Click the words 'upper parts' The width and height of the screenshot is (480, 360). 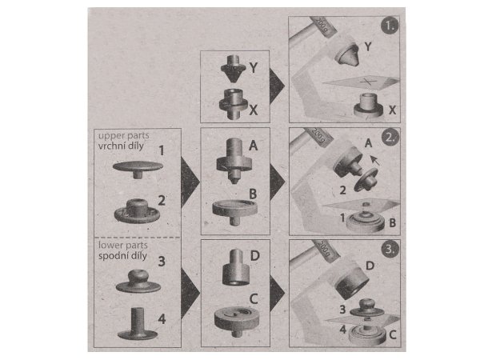124,136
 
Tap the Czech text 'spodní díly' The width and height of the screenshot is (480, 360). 122,256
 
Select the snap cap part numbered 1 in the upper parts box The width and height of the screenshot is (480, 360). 138,170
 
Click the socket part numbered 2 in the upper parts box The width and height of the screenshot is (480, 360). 137,210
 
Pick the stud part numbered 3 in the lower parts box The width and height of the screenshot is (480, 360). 138,282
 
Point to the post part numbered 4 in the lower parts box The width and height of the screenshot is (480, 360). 138,324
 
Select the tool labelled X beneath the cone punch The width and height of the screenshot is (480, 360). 234,104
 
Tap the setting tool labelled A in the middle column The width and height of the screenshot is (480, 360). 234,161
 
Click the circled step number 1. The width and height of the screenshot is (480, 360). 390,26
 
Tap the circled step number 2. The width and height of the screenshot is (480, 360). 390,138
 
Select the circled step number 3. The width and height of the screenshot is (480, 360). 390,249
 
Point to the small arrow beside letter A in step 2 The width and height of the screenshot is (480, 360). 374,160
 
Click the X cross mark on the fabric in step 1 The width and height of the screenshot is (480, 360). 366,82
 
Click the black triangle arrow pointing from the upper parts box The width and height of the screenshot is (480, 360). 190,182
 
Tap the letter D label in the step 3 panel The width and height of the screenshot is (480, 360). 370,266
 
